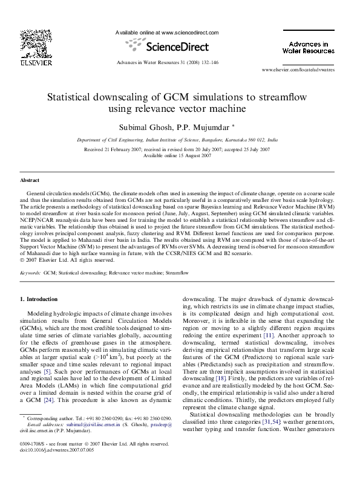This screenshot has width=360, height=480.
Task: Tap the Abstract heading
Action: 30,180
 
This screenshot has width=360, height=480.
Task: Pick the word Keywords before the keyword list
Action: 30,273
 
